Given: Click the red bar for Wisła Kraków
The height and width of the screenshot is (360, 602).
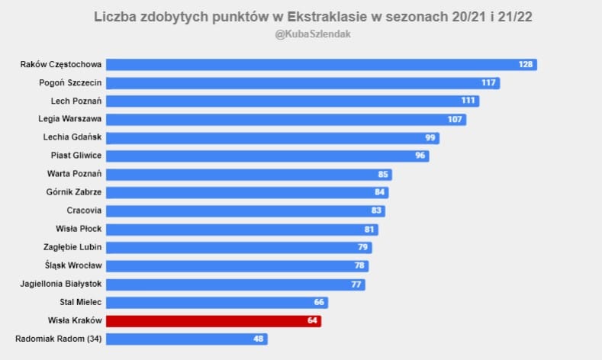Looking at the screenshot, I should pos(213,320).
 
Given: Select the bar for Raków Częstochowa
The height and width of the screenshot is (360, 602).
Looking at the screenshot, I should pos(320,64).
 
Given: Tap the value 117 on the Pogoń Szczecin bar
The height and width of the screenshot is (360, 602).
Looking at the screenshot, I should pos(489,82).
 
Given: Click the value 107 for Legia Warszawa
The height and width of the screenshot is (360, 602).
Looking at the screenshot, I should pos(456,119).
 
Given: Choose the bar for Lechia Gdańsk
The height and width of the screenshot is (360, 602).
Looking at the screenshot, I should pos(272,137).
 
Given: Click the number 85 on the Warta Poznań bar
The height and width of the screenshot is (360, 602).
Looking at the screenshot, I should pos(383,174).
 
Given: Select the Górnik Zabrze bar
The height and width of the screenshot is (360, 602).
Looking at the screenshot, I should pos(247,192).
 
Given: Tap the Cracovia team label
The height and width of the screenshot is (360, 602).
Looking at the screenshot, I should pos(84,211).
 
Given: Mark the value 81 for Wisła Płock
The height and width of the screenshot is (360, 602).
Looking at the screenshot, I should pos(369,229).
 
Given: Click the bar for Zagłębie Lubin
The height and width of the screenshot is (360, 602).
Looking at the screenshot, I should pos(239,247).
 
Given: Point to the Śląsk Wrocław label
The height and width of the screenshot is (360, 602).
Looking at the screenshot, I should pos(73,265).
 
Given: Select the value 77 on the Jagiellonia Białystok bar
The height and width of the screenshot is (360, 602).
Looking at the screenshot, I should pos(356,284).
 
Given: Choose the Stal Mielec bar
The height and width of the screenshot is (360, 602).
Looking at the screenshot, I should pos(215,302).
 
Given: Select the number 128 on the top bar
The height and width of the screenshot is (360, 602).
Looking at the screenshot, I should pos(526,64).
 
